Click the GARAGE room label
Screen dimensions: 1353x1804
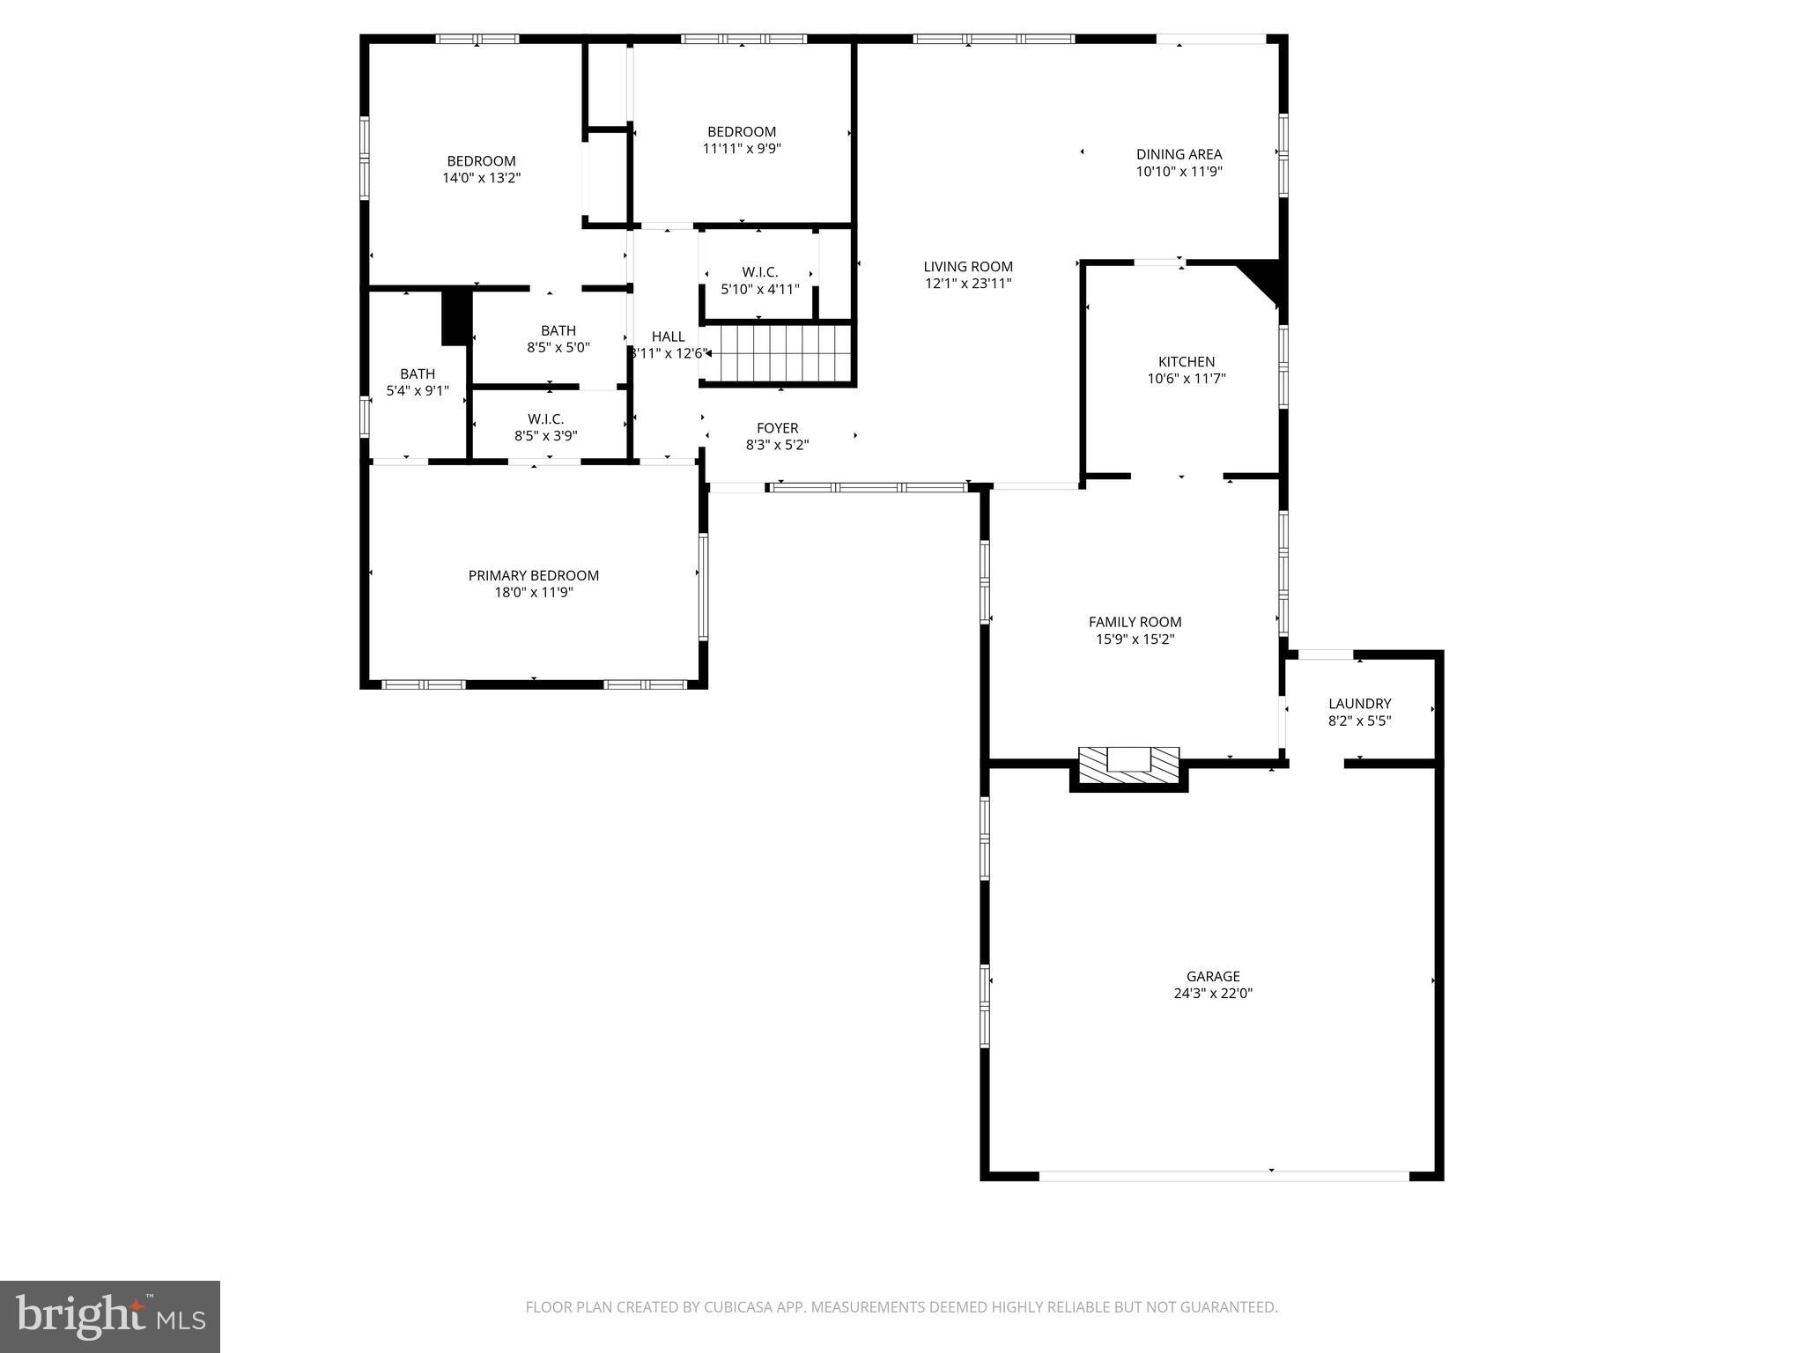tap(1213, 976)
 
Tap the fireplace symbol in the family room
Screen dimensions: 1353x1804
tap(1128, 763)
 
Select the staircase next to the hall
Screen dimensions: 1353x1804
tap(779, 352)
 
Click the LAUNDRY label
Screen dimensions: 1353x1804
tap(1359, 703)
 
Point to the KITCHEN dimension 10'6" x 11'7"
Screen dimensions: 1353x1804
tap(1186, 379)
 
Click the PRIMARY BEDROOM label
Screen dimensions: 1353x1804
tap(533, 575)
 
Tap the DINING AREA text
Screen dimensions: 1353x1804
tap(1179, 154)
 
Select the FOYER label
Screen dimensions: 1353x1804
tap(777, 428)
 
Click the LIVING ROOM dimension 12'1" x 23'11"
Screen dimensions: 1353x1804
tap(968, 284)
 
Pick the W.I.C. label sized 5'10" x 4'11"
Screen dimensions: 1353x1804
tap(759, 272)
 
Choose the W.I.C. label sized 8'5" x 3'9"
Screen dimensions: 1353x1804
tap(545, 419)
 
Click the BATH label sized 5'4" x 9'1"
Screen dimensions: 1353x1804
tap(417, 373)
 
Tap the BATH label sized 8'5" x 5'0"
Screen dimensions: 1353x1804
tap(558, 330)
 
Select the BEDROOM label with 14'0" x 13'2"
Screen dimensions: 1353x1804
tap(481, 161)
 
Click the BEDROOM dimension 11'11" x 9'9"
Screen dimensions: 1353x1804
tap(742, 149)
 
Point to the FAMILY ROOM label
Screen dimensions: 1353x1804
tap(1135, 622)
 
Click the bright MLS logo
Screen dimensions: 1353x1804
tap(110, 1316)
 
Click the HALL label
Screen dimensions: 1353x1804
tap(668, 336)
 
